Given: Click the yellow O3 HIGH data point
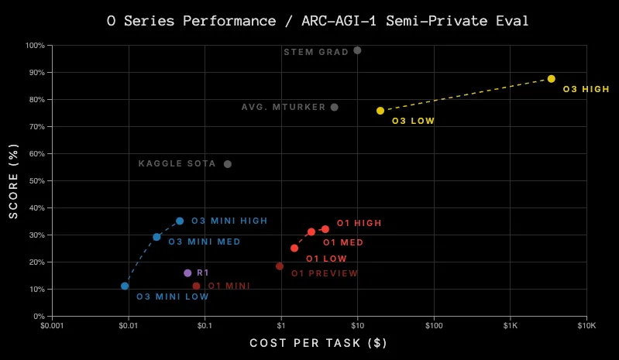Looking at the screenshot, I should click(551, 79).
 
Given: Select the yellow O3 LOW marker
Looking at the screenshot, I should click(380, 111).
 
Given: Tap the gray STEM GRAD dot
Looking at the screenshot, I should click(357, 50).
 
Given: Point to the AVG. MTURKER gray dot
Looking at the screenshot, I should click(334, 108).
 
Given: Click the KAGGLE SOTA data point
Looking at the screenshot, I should click(228, 164).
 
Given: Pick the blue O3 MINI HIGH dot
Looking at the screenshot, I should click(180, 221).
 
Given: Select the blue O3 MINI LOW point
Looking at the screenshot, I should click(125, 286).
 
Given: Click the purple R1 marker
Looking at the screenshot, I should click(187, 273).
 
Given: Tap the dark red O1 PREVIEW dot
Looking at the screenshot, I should click(280, 266).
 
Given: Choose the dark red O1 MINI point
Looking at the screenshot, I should click(196, 286).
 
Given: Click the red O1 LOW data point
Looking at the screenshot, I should click(294, 249).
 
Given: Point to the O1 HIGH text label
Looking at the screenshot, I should click(359, 224).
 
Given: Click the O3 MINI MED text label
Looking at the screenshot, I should click(204, 242).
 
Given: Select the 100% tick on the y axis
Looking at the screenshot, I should click(33, 46).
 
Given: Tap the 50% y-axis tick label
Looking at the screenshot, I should click(35, 181).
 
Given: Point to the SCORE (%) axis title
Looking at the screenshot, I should click(13, 180).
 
